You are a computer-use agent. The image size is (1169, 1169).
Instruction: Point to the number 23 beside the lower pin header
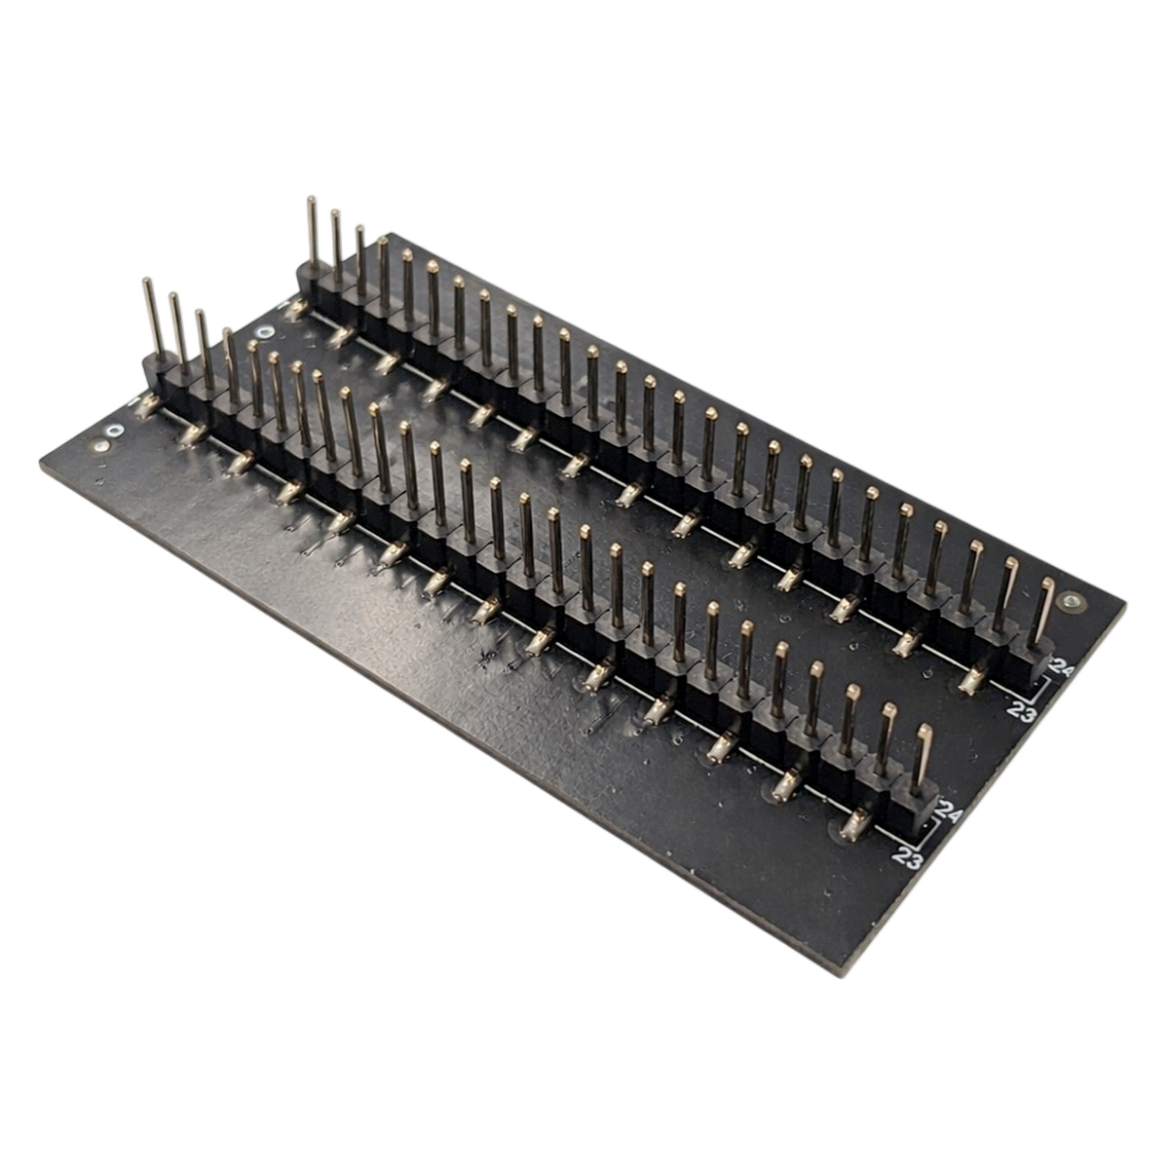click(x=908, y=858)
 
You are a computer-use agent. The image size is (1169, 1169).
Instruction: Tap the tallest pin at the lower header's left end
click(x=151, y=317)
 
